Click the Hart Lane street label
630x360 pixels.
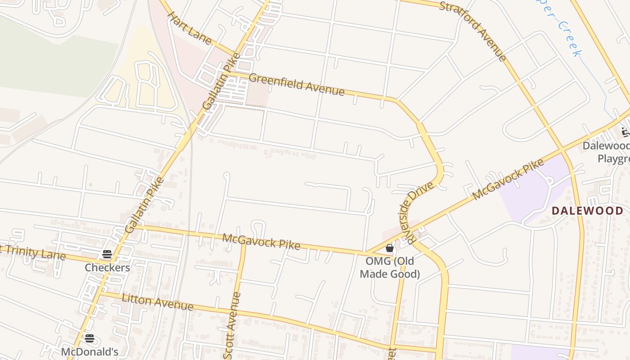[189, 28]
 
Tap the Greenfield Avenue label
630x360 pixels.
[297, 85]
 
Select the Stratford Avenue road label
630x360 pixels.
[473, 31]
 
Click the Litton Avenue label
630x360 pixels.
[157, 302]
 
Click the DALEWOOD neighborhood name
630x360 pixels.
[587, 210]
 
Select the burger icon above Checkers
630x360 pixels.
[107, 254]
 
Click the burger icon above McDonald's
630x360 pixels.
[90, 338]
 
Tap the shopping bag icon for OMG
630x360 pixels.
[390, 248]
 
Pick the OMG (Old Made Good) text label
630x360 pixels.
[390, 267]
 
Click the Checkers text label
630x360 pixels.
[108, 268]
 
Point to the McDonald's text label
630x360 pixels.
[90, 351]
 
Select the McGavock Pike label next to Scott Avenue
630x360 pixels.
[261, 242]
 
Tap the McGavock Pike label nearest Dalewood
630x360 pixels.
[508, 180]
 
